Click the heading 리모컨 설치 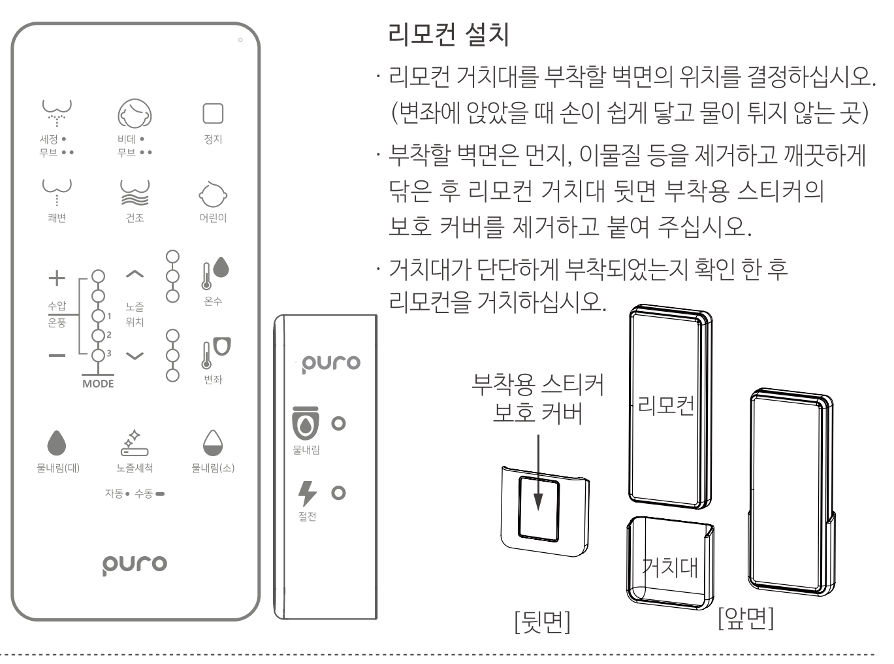coord(448,34)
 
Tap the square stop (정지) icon coord(213,113)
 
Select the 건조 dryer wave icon coord(135,193)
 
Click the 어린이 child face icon coord(213,195)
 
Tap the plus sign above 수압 coord(57,278)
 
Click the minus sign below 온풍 coord(57,356)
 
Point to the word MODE coord(98,384)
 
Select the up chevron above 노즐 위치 coord(135,274)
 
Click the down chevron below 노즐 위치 coord(135,356)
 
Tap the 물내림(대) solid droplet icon coord(56,443)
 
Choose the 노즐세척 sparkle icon coord(135,443)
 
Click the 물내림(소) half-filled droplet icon coord(213,443)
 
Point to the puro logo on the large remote coord(135,565)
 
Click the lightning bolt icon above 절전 coord(307,493)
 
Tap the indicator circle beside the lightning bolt coord(338,493)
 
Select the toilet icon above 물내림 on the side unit coord(306,423)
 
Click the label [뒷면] coord(543,622)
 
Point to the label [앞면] coord(746,618)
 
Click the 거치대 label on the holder coord(669,567)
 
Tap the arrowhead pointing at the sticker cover coord(539,502)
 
